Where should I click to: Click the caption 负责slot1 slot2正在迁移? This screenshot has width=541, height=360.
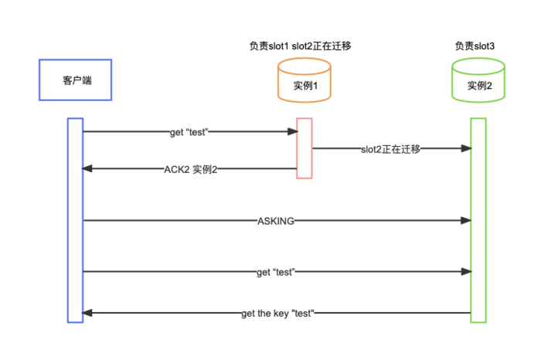pos(300,46)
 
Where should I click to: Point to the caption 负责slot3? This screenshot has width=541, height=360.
pos(475,46)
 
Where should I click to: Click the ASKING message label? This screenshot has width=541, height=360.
pos(276,221)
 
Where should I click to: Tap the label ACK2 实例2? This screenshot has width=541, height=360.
pos(190,170)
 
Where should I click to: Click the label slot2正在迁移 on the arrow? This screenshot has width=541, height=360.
pos(390,149)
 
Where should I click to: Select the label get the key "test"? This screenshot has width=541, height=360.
pos(277,314)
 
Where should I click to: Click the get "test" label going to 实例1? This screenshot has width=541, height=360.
pos(189,132)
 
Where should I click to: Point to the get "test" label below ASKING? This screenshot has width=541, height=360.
pos(276,272)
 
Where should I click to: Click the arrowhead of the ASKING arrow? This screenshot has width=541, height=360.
pos(466,220)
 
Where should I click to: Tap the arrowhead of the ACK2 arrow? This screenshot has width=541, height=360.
pos(87,168)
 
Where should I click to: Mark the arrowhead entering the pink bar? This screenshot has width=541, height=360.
pos(293,131)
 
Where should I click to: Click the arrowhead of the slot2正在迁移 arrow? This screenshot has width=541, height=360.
pos(466,148)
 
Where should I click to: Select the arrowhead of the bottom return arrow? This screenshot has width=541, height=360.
pos(87,313)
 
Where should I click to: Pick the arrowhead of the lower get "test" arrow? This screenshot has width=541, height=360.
pos(466,272)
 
